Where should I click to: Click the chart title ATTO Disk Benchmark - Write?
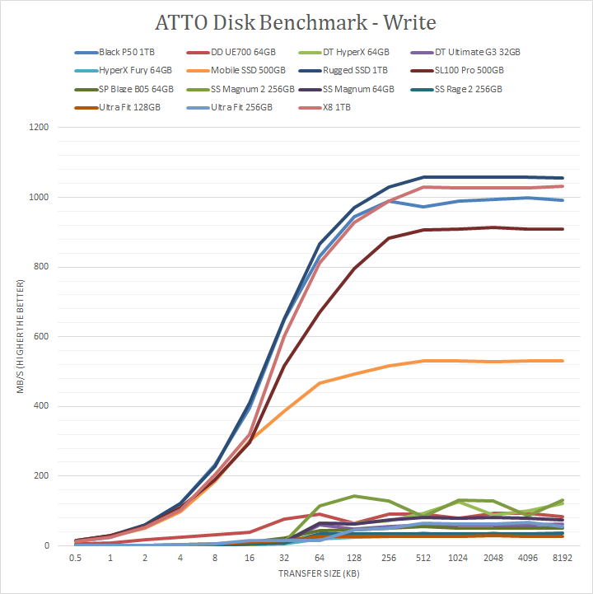tap(296, 21)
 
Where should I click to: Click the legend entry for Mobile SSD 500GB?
tap(246, 71)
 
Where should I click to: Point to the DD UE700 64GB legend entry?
tap(247, 52)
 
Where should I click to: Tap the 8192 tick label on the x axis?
tap(562, 558)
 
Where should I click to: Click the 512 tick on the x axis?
tap(423, 558)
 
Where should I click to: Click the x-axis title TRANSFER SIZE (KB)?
tap(320, 572)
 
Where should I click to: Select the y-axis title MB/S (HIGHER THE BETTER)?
tap(18, 337)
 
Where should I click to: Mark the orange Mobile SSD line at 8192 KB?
tap(562, 361)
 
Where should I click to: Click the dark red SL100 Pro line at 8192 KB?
tap(562, 229)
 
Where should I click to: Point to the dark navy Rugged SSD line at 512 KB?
tap(423, 177)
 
